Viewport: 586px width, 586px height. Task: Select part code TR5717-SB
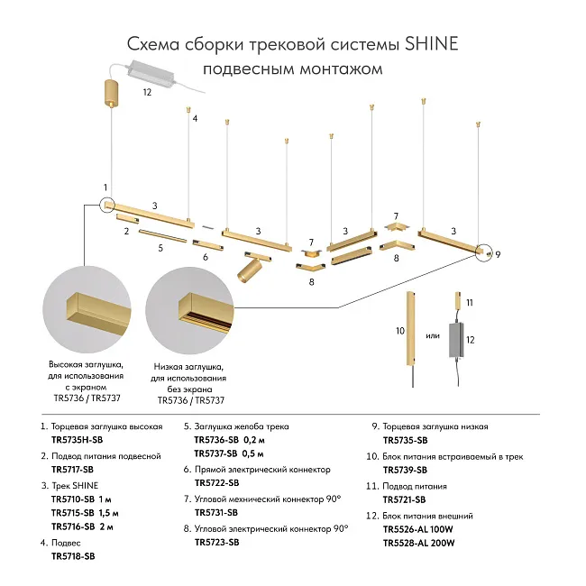[x=72, y=471]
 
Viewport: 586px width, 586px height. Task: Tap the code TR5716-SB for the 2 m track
[x=72, y=527]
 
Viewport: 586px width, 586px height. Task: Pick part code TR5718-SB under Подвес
[x=72, y=557]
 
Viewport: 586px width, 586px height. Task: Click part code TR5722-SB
[x=216, y=483]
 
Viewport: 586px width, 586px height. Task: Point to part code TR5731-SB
[x=216, y=512]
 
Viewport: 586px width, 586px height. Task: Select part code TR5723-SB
[x=216, y=542]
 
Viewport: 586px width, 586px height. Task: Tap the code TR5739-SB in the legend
[x=405, y=470]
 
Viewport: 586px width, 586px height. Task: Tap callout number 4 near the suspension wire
[x=195, y=119]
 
